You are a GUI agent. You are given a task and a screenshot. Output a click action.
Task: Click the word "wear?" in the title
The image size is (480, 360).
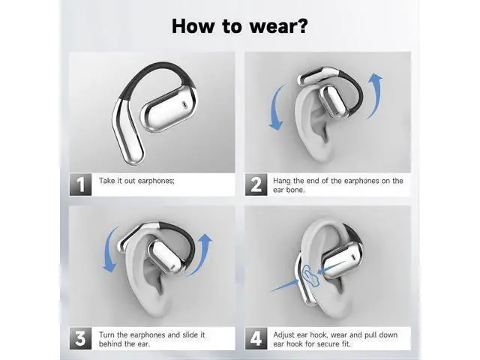click(x=278, y=26)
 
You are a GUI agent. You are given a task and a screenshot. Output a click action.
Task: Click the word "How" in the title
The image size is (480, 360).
click(x=193, y=26)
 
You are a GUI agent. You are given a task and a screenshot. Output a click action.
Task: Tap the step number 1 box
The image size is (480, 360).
click(x=80, y=184)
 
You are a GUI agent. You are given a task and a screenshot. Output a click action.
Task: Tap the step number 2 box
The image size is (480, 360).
click(x=256, y=184)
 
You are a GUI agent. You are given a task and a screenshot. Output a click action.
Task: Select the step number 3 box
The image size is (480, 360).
click(x=80, y=338)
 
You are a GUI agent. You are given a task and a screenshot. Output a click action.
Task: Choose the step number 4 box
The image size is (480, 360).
click(x=256, y=338)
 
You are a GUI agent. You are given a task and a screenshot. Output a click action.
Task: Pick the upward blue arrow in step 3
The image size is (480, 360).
click(x=202, y=254)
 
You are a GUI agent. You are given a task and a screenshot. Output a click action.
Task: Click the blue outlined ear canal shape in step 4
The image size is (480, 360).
click(x=310, y=274)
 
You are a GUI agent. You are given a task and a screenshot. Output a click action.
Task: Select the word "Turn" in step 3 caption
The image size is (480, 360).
click(x=106, y=334)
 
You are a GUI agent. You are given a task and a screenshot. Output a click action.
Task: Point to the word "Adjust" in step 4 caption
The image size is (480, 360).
click(x=283, y=335)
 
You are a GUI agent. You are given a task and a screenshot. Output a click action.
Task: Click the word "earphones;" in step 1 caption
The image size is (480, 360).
click(x=156, y=181)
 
